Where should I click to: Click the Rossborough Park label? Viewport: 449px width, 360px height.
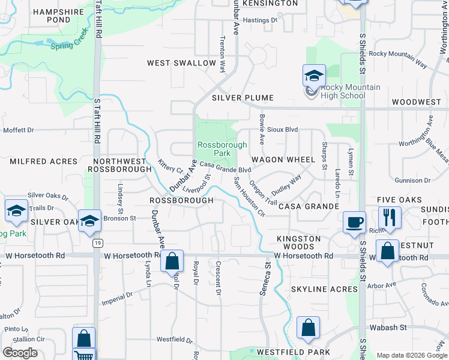[x=222, y=149]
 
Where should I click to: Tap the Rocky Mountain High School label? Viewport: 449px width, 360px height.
[x=343, y=91]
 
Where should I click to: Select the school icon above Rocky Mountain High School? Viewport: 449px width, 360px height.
[x=314, y=76]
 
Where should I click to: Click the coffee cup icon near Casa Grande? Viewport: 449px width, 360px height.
[x=354, y=221]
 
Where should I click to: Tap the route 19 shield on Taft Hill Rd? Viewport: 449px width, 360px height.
[x=96, y=243]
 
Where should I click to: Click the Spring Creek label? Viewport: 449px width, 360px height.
[x=70, y=46]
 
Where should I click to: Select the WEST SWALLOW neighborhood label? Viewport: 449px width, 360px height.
[x=181, y=63]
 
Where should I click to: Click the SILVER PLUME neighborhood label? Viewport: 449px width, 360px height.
[x=243, y=98]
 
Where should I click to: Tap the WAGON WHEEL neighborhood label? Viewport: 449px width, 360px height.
[x=283, y=160]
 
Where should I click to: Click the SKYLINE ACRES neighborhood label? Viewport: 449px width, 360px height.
[x=324, y=289]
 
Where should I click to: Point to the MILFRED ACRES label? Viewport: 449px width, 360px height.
[x=44, y=161]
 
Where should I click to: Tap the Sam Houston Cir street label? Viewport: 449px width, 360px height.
[x=249, y=197]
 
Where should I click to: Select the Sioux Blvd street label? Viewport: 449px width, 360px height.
[x=283, y=129]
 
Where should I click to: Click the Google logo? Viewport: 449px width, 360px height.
[x=20, y=353]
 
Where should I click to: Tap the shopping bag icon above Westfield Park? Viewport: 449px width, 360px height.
[x=308, y=328]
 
